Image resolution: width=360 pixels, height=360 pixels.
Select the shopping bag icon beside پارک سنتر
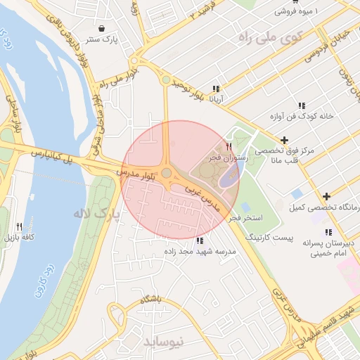click(103, 29)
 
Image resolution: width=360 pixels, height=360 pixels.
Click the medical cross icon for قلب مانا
click(284, 141)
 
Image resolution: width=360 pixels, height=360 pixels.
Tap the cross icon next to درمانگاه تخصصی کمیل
click(326, 196)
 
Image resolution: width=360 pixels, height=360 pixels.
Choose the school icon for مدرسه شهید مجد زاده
click(200, 241)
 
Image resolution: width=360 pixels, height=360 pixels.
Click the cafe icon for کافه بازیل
click(19, 227)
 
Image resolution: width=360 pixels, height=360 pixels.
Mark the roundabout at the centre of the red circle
click(167, 173)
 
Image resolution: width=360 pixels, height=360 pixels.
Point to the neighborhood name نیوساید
click(163, 341)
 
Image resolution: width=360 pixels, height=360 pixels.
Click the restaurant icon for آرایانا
click(216, 89)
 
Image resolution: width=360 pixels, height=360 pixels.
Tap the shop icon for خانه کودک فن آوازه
click(302, 105)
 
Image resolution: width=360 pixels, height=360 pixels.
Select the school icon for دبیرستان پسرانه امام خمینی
click(328, 232)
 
